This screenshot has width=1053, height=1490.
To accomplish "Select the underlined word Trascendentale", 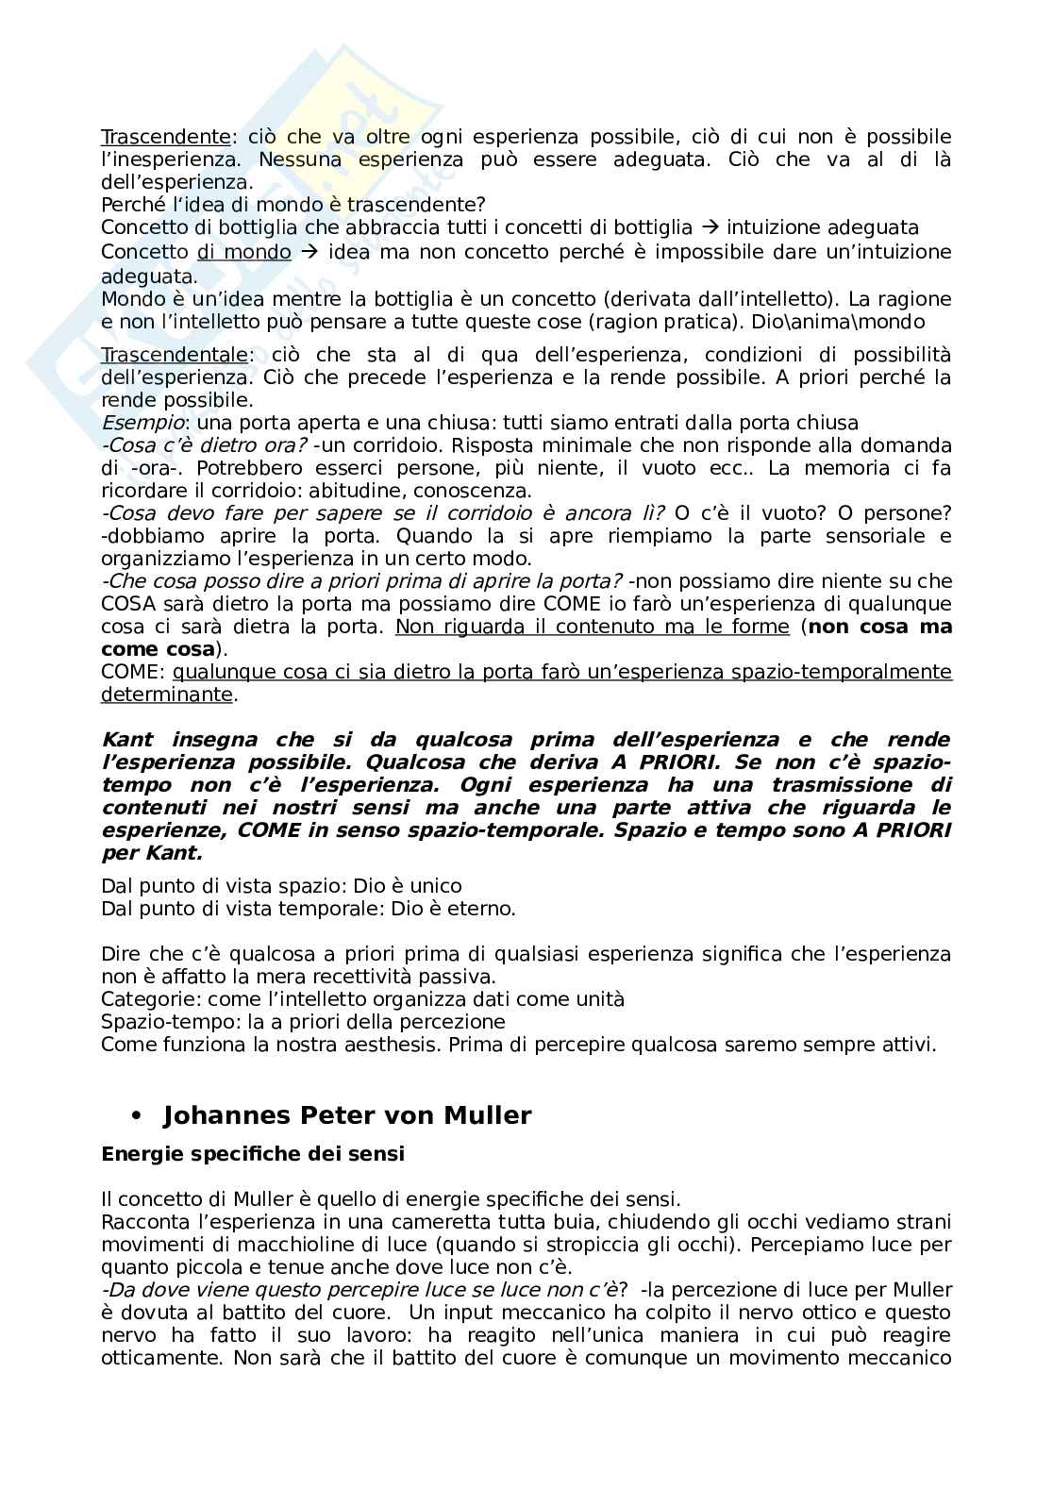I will point(175,355).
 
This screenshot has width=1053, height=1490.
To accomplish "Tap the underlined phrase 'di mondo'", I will point(243,252).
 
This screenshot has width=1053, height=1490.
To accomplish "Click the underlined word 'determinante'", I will point(167,695).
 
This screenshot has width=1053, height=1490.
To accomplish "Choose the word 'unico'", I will point(436,886).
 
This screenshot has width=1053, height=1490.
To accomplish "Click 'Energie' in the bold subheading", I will point(140,1153).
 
